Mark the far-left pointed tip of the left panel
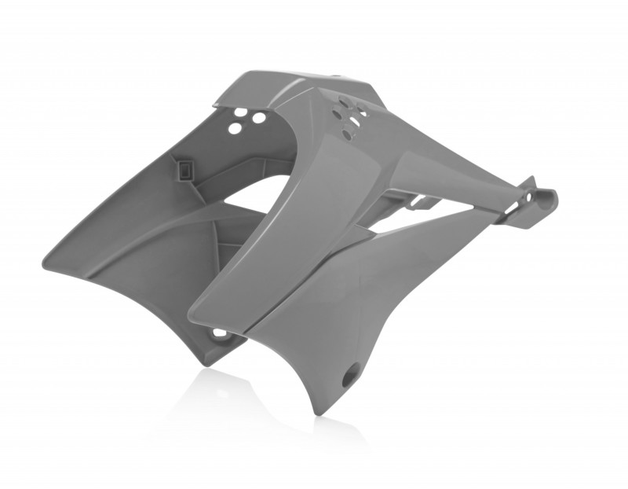(x=45, y=268)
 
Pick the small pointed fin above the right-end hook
(x=531, y=182)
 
